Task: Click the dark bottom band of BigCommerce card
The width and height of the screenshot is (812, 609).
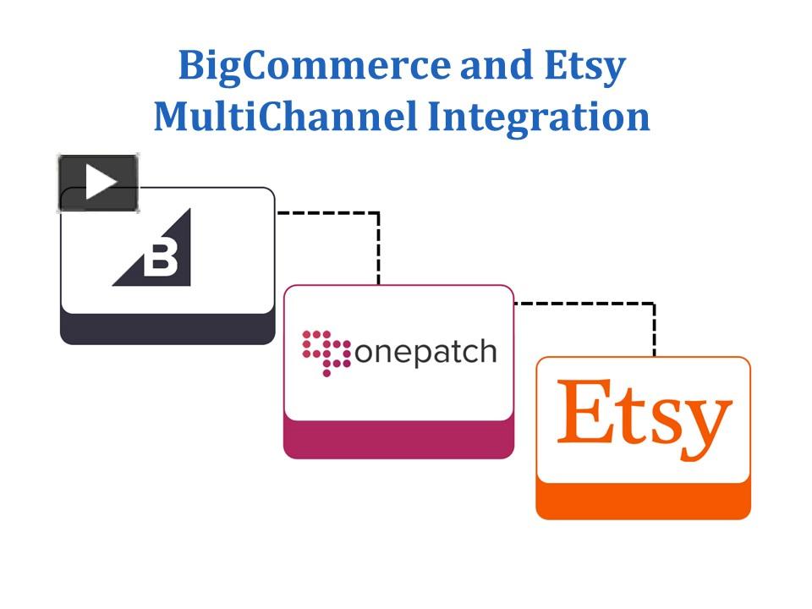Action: (167, 330)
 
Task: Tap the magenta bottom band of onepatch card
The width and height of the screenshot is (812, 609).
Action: (398, 441)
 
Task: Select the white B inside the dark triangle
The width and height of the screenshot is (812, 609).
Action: (160, 260)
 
